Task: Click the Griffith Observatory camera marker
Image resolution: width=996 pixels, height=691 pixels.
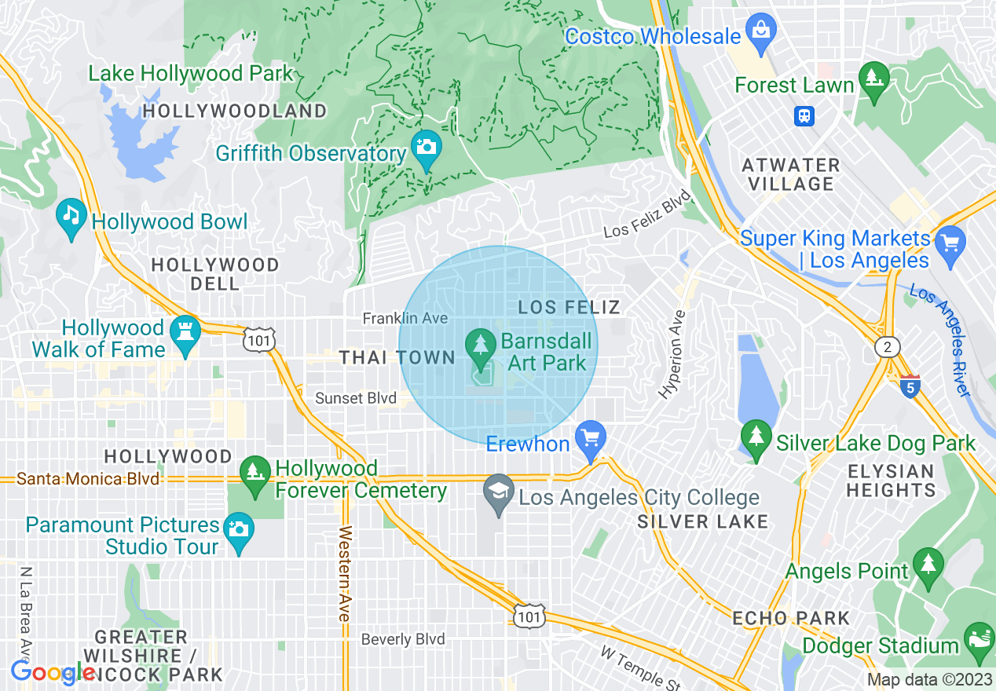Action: [x=426, y=147]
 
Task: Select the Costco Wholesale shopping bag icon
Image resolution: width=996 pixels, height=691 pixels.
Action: [x=760, y=30]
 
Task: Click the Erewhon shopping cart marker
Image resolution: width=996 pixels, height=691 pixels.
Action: [x=590, y=437]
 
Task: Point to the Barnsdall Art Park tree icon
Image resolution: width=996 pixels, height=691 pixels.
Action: [x=480, y=344]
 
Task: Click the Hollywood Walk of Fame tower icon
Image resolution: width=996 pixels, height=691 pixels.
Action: [x=185, y=333]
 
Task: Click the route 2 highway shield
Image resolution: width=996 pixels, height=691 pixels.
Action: [x=886, y=346]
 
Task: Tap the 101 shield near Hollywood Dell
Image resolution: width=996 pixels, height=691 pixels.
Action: [x=258, y=340]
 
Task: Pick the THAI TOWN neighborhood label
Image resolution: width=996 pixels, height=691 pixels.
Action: [x=397, y=358]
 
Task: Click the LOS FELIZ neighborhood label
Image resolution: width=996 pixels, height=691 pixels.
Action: [x=569, y=307]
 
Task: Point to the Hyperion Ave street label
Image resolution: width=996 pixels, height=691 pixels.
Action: [x=673, y=354]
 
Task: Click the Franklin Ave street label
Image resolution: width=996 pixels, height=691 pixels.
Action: [x=405, y=318]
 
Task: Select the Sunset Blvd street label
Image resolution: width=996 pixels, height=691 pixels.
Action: [x=355, y=398]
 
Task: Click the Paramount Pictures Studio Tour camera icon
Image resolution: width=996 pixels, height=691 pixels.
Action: [x=238, y=529]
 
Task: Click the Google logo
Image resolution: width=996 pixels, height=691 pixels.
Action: [x=53, y=672]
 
